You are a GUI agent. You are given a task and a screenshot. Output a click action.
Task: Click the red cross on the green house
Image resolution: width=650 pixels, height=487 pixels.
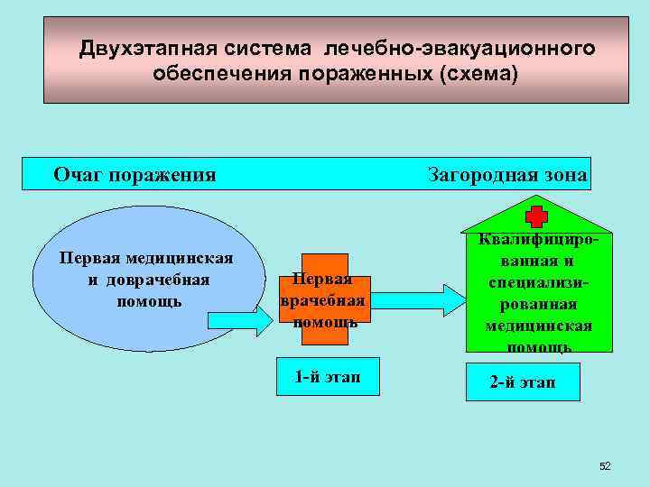[x=537, y=216]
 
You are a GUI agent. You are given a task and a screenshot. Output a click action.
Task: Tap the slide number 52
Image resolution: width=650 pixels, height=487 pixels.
[x=605, y=466]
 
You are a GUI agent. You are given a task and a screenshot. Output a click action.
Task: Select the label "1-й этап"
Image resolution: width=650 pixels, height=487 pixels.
[x=327, y=377]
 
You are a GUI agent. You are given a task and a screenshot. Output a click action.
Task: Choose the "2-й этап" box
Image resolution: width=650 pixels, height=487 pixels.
[x=523, y=382]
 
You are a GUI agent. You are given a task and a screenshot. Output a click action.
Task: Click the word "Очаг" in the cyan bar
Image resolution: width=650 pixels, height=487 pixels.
[x=78, y=174]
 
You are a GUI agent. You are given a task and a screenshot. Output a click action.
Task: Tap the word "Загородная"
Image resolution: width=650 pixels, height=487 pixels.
[x=483, y=175]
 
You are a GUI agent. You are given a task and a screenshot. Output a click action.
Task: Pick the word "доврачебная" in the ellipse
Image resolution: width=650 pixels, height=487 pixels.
[x=156, y=280]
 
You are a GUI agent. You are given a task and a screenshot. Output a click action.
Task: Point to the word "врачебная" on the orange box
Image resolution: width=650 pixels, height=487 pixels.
[x=322, y=300]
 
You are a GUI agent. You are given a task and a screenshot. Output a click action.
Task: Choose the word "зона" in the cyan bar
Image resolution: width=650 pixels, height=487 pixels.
[x=567, y=175]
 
